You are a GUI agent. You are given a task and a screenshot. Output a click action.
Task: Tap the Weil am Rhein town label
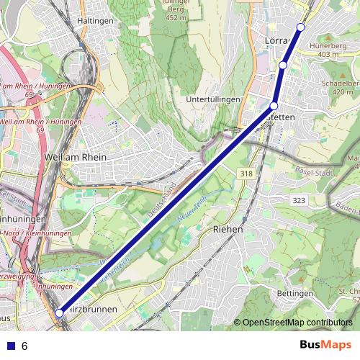(76, 157)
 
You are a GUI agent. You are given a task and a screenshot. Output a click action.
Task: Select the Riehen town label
(228, 228)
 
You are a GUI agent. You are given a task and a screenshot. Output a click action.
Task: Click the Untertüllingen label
(212, 99)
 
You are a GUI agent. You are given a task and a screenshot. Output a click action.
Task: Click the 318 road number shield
(247, 173)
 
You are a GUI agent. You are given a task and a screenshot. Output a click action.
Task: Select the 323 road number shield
(300, 199)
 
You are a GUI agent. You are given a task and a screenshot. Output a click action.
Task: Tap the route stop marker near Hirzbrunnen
(59, 313)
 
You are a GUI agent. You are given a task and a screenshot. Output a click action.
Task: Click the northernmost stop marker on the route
(301, 27)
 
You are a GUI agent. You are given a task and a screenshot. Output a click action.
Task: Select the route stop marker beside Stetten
(274, 106)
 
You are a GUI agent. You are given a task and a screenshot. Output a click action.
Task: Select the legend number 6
(24, 346)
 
